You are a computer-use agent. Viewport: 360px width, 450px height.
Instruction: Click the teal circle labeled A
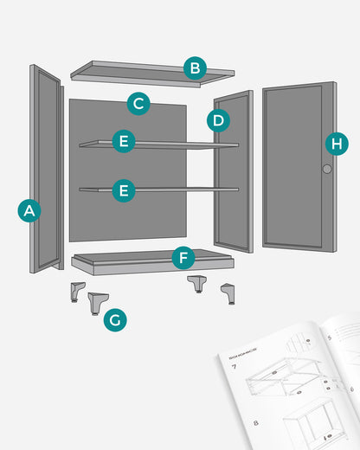click(x=29, y=209)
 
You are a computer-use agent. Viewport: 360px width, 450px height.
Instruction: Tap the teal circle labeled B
click(x=196, y=67)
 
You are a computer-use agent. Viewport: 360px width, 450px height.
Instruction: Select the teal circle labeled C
click(x=138, y=104)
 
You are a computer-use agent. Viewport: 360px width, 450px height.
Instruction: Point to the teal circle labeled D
click(x=218, y=119)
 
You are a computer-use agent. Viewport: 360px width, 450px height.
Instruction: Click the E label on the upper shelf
click(x=125, y=142)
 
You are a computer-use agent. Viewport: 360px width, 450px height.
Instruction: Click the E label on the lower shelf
click(x=125, y=190)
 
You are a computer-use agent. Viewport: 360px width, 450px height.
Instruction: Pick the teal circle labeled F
click(x=183, y=257)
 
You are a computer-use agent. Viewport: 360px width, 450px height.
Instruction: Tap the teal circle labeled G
click(x=115, y=320)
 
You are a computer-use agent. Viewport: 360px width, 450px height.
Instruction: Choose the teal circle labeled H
click(x=337, y=144)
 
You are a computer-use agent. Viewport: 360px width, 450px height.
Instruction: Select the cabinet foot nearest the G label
click(x=97, y=304)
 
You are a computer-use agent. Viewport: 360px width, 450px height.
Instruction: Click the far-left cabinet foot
click(x=78, y=291)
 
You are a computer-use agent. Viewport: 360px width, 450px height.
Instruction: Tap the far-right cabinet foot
click(x=228, y=292)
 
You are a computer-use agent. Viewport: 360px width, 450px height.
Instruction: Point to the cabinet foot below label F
click(x=197, y=284)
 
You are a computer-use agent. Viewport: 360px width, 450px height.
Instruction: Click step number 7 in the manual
click(x=234, y=367)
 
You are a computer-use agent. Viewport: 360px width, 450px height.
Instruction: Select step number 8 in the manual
click(x=258, y=422)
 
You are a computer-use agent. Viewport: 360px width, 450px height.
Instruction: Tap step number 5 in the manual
click(x=331, y=337)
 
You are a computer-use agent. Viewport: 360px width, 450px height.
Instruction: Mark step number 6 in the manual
click(x=351, y=389)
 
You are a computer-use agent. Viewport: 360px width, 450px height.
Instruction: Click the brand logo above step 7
click(x=244, y=355)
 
